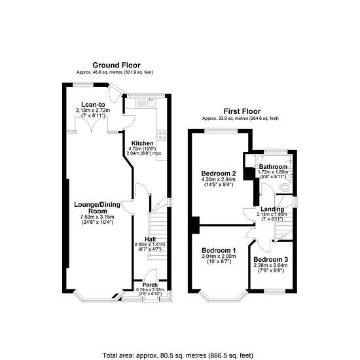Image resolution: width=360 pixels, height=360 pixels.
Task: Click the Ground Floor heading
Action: point(117,65)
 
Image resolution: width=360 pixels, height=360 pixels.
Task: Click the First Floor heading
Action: point(242,111)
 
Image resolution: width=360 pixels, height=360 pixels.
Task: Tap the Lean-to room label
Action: point(93,105)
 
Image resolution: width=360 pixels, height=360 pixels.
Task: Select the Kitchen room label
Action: point(142,143)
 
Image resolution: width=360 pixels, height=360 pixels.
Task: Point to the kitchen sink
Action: point(151,103)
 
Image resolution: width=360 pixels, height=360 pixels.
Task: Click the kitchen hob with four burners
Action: point(162,135)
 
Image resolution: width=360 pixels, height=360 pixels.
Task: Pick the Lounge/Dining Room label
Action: point(97,207)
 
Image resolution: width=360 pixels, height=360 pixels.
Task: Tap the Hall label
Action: point(150,239)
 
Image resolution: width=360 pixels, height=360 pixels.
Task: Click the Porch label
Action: point(150,285)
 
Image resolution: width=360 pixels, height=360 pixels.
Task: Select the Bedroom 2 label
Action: point(219,173)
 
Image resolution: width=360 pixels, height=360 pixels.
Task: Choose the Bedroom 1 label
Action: point(219,250)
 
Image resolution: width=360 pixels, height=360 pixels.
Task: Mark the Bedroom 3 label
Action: point(271,259)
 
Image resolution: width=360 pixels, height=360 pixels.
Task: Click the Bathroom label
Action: point(273,167)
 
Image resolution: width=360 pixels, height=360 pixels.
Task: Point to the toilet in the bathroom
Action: point(285,187)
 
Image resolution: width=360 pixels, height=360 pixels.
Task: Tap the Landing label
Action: point(272,209)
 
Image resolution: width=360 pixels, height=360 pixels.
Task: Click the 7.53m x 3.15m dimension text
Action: point(97,217)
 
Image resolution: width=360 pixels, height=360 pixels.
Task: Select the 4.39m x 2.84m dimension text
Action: point(219,179)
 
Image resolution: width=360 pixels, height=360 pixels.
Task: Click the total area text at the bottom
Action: point(177,355)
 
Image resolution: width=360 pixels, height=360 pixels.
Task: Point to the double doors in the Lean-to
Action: point(92,124)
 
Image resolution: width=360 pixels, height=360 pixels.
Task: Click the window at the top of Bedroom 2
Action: point(221,130)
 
